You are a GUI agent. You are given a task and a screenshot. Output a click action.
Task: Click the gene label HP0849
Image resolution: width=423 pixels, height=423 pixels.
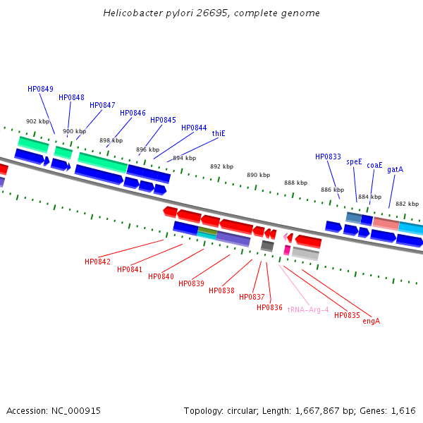40,89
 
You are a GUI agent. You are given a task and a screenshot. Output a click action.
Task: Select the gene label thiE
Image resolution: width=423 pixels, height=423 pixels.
219,133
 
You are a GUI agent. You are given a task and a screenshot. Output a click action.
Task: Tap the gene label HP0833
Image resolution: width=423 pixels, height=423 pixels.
328,157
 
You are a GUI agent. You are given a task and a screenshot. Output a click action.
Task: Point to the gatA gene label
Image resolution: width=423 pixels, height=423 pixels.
395,169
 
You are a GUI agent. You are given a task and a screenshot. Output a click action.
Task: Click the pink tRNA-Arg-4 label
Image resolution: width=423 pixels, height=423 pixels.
308,309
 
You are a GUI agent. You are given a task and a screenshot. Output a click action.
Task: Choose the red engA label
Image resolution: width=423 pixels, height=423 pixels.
371,321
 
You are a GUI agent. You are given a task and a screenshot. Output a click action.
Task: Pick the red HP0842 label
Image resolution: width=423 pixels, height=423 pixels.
97,262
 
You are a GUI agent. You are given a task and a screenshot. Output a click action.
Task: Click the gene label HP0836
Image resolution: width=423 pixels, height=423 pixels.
269,307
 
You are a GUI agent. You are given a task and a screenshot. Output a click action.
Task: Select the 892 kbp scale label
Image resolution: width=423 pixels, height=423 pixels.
221,166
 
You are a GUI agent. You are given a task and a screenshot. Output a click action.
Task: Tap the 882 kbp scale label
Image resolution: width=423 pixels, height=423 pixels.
407,204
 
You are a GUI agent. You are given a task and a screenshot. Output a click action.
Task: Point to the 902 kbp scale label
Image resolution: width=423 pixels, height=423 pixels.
38,121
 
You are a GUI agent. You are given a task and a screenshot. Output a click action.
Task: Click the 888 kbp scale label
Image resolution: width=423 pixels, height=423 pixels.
295,183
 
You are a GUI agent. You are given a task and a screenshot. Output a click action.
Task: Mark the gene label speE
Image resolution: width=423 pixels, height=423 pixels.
354,161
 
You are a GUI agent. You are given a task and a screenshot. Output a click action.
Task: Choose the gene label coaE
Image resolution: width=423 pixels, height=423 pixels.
374,166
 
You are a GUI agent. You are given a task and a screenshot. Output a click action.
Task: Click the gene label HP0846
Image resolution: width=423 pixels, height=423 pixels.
133,113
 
